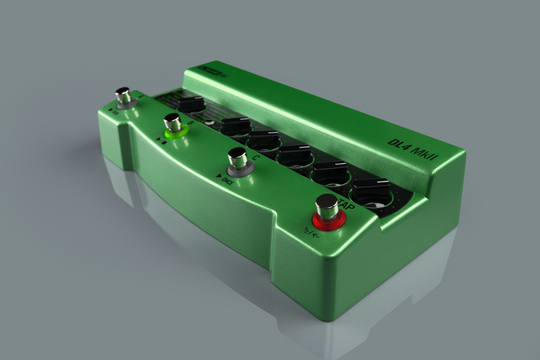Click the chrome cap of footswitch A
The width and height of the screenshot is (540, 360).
[123, 95]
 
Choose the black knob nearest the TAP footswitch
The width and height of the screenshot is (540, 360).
[372, 192]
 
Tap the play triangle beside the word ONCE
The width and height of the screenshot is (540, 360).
[218, 177]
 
